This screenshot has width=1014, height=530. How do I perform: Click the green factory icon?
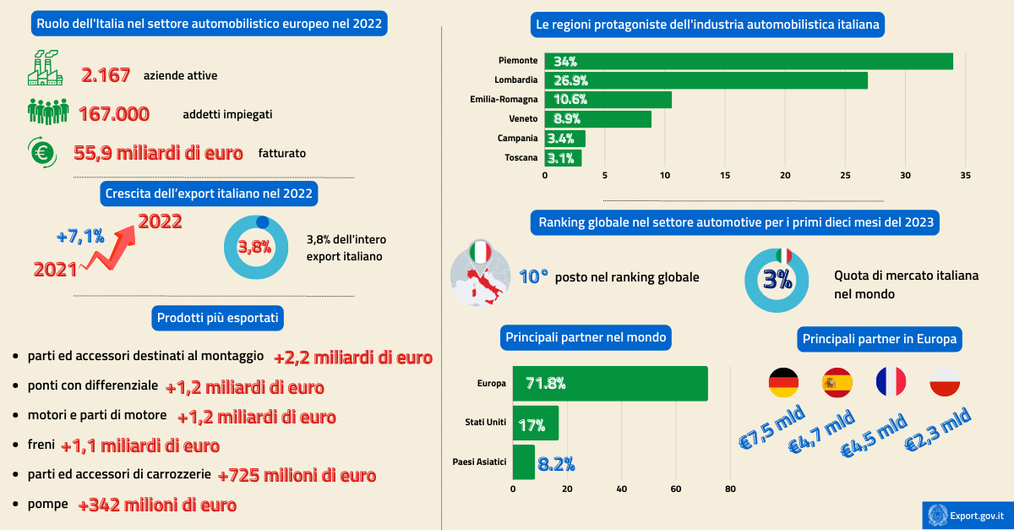click(45, 68)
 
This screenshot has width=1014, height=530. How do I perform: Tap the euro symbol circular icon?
click(41, 152)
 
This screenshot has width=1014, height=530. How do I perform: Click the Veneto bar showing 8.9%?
click(597, 119)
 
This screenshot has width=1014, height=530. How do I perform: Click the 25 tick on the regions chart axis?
click(846, 176)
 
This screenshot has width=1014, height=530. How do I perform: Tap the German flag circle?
click(783, 383)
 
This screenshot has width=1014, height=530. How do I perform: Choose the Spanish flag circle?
click(837, 383)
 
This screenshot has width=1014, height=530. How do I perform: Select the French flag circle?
click(891, 382)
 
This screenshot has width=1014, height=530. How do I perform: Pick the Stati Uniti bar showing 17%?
click(536, 422)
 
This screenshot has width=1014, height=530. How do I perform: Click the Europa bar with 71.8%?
click(610, 383)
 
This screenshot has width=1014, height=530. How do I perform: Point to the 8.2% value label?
click(556, 463)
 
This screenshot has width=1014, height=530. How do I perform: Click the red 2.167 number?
click(106, 75)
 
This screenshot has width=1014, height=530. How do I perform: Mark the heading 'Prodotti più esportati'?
click(218, 318)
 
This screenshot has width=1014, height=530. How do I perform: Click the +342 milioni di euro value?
click(157, 505)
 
